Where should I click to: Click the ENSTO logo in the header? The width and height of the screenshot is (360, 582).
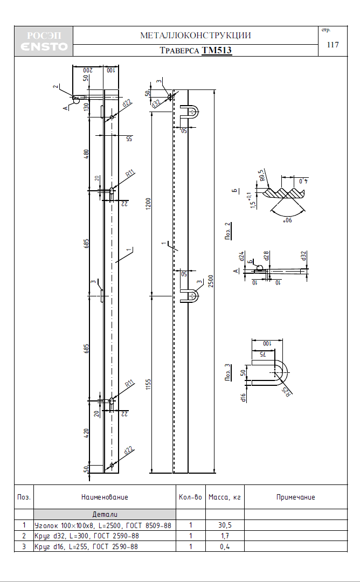[x=44, y=46]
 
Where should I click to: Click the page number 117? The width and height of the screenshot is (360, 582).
[x=333, y=45]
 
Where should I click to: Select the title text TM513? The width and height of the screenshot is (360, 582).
[x=217, y=50]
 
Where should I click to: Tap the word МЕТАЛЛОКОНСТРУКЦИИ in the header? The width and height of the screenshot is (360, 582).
[x=196, y=36]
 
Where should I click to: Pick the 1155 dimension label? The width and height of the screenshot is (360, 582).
[x=148, y=385]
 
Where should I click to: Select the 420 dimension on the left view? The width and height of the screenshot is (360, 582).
[x=86, y=433]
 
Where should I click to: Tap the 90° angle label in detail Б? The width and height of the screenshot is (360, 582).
[x=288, y=220]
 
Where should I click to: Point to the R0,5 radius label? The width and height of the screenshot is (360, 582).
[x=262, y=175]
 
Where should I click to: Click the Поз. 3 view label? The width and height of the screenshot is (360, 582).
[x=227, y=372]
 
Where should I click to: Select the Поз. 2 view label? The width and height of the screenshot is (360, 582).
[x=227, y=231]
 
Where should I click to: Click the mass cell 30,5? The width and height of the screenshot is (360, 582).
[x=225, y=525]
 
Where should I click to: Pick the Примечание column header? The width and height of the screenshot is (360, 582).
[x=296, y=497]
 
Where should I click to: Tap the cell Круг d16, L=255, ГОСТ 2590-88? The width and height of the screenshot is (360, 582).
[x=86, y=547]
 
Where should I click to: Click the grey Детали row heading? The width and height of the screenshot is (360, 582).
[x=105, y=515]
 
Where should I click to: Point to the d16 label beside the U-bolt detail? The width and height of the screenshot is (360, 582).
[x=244, y=398]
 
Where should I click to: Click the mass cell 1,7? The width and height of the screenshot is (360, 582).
[x=225, y=536]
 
